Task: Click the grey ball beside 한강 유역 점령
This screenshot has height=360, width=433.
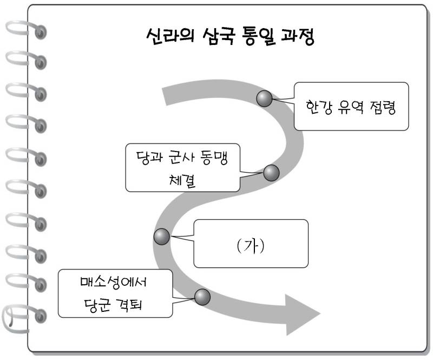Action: coord(265,98)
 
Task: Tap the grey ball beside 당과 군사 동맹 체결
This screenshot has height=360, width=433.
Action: coord(271,173)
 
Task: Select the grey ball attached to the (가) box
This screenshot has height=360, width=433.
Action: coord(162,237)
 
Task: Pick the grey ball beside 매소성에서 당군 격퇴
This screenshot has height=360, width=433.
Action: coord(202,296)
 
